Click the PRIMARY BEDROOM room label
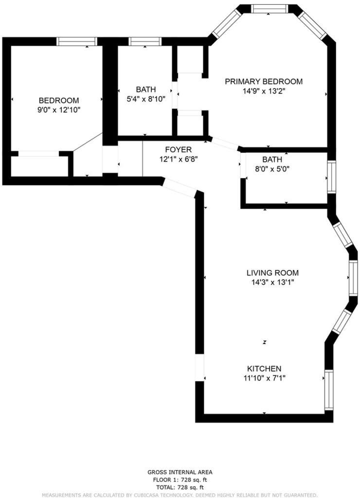(264, 82)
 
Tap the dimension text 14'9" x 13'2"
(264, 91)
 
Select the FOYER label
(178, 150)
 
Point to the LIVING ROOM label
(272, 273)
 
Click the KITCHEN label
(264, 369)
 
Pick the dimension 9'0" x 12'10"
(59, 110)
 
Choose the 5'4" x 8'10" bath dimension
(146, 99)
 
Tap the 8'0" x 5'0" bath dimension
(272, 169)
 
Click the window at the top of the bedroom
(77, 42)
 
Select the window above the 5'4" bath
(145, 42)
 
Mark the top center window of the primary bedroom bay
(270, 9)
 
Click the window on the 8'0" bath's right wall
(331, 177)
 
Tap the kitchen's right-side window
(329, 390)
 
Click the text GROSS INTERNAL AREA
(180, 472)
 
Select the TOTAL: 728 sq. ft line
(180, 487)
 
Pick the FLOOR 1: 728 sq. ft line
(180, 480)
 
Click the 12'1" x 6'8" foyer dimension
(179, 160)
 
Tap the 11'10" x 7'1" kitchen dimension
(264, 378)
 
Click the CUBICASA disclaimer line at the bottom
(180, 495)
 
